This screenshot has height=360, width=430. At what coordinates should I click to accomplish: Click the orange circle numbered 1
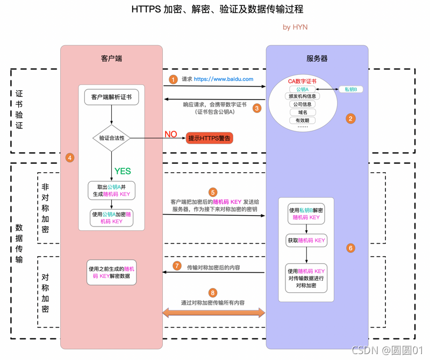click(x=173, y=79)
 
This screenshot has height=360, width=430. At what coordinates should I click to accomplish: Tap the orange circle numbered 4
click(x=69, y=158)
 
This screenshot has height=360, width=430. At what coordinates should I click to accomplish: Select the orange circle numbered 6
click(x=350, y=248)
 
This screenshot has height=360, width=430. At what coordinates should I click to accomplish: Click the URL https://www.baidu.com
click(x=224, y=79)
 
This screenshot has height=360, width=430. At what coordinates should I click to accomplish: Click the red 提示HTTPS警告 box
click(x=210, y=138)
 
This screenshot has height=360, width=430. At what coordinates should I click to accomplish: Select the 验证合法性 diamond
click(x=112, y=138)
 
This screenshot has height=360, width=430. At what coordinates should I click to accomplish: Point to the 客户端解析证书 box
click(x=111, y=97)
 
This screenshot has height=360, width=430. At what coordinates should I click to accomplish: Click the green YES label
click(x=123, y=171)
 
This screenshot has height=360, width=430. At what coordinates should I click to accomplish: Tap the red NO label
click(x=170, y=134)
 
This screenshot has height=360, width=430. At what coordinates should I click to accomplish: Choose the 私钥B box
click(x=354, y=89)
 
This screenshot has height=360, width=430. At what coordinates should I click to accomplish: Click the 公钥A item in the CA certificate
click(x=303, y=89)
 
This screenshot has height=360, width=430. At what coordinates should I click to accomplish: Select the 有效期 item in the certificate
click(x=303, y=121)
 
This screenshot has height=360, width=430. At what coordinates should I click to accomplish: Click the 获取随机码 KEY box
click(x=306, y=241)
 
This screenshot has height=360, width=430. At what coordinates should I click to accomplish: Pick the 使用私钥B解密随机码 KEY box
click(x=306, y=214)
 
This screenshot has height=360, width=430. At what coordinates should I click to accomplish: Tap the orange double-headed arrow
click(x=214, y=313)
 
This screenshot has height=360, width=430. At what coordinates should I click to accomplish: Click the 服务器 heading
click(x=317, y=58)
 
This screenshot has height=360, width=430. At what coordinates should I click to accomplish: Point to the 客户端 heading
click(x=111, y=58)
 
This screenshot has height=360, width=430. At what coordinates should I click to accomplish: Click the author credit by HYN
click(x=295, y=27)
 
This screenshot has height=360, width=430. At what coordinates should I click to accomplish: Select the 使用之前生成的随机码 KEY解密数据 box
click(x=112, y=272)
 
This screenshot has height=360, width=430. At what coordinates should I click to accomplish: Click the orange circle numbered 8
click(x=213, y=293)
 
